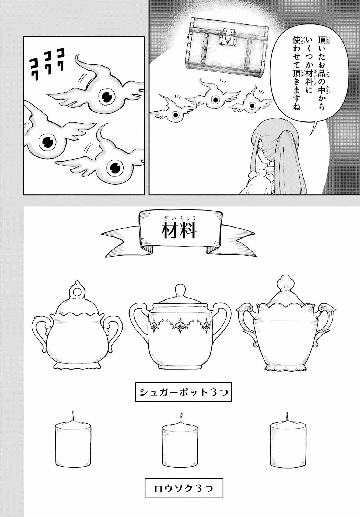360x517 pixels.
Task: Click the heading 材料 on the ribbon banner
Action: tap(179, 232)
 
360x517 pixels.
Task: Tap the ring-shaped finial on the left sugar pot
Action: tap(78, 292)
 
